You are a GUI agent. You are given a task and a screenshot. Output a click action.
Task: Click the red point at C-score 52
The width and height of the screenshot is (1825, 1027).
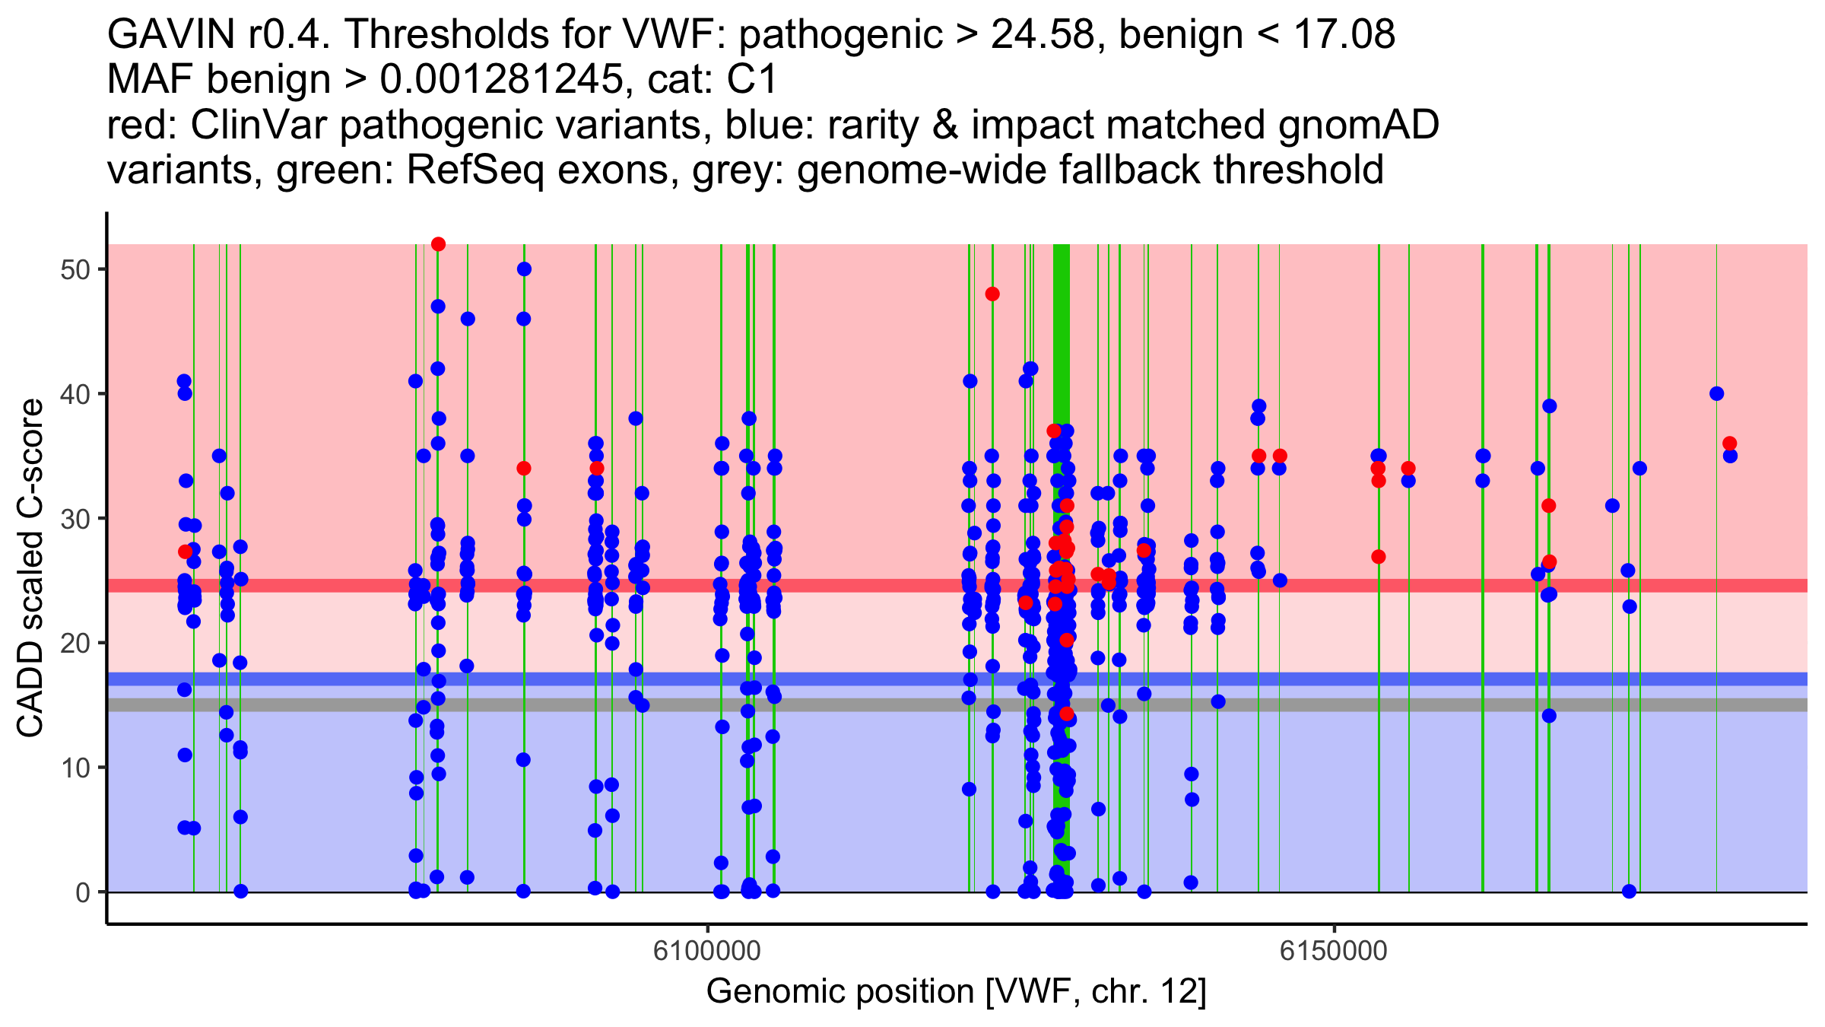pos(438,244)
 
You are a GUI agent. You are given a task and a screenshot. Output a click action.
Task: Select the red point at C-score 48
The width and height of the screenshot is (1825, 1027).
pos(992,294)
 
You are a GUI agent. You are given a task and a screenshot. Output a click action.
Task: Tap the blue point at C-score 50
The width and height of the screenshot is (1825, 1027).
pos(524,269)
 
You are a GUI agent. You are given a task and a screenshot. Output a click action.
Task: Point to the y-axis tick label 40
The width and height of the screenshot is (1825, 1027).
pos(75,394)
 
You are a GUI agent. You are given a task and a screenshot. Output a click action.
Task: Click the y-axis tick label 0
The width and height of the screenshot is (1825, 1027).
pos(83,892)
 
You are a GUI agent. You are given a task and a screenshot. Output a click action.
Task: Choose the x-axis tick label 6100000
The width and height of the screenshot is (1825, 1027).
pos(707,951)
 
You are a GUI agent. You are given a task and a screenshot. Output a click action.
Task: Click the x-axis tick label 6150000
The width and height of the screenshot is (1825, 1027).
pos(1334,951)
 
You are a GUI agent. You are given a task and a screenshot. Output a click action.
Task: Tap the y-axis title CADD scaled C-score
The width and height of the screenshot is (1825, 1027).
pos(31,568)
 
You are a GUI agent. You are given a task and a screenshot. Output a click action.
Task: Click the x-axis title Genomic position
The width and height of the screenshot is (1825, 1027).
pos(956,992)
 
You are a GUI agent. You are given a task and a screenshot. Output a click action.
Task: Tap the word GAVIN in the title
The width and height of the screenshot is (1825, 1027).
pos(172,34)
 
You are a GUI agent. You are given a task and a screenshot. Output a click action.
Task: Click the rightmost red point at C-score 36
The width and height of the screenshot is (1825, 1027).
pos(1730,444)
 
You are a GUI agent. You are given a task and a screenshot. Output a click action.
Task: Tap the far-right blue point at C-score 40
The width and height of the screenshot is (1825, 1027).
pos(1716,394)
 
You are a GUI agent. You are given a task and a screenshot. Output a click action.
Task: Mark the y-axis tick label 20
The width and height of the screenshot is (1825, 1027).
pos(75,643)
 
